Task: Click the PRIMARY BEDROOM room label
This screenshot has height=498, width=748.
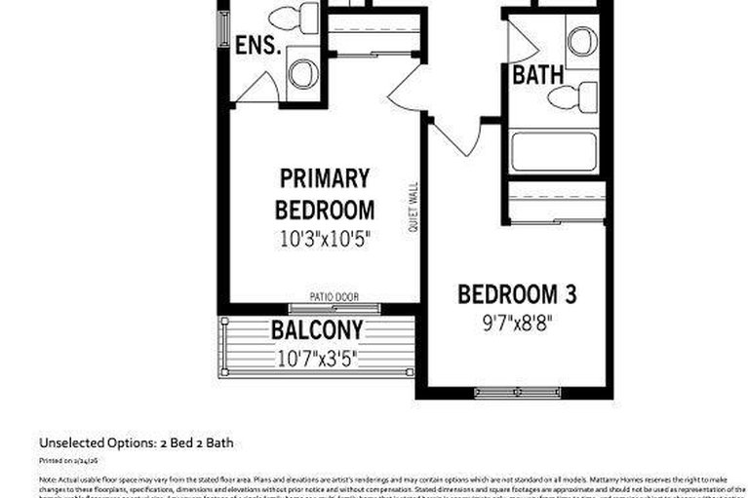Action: (324, 193)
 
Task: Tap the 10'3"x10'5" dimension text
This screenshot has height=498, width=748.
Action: (324, 237)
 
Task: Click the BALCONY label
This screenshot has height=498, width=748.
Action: (317, 330)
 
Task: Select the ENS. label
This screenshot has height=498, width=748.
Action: (258, 46)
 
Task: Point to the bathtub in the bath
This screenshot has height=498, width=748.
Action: (553, 152)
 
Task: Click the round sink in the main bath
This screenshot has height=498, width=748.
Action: (582, 40)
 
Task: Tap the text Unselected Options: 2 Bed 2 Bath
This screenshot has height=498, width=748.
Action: (137, 442)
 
